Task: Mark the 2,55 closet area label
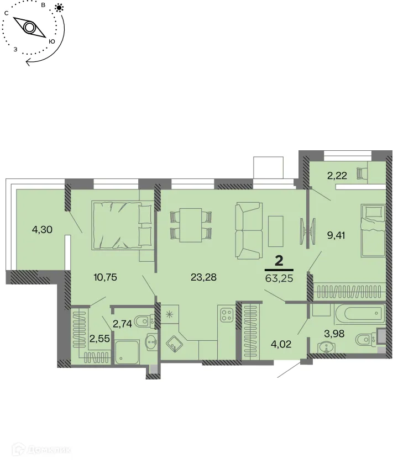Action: (x=99, y=339)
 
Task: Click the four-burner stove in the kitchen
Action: (x=226, y=315)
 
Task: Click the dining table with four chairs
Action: (x=191, y=224)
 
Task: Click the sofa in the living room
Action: (x=249, y=230)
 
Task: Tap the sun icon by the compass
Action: (x=59, y=8)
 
